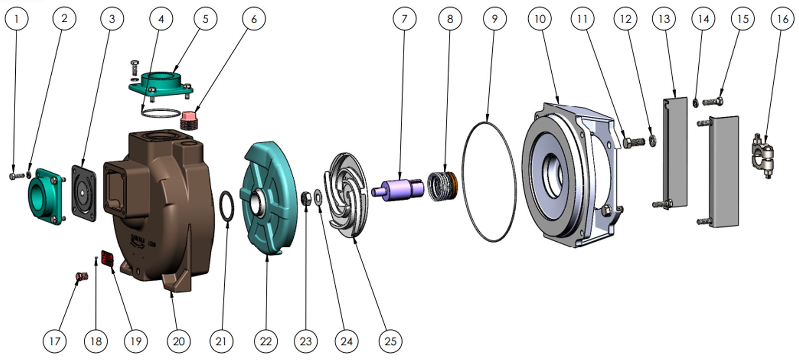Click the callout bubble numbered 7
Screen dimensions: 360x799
(x=404, y=18)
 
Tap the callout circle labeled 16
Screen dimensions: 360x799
(x=782, y=18)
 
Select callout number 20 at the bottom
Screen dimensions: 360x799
(x=179, y=341)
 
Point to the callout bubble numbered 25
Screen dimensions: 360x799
(x=390, y=341)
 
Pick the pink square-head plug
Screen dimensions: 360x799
(x=189, y=119)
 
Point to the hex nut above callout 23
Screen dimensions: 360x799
(x=306, y=198)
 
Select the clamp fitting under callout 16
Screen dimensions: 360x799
(x=762, y=155)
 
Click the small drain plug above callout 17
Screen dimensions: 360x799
(x=82, y=276)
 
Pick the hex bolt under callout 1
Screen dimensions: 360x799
(x=13, y=176)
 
